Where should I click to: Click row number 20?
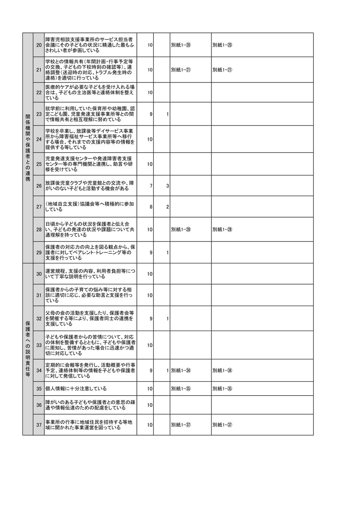pyautogui.click(x=39, y=45)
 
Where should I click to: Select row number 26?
pyautogui.click(x=39, y=186)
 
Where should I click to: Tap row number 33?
pyautogui.click(x=39, y=345)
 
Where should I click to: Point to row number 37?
pyautogui.click(x=39, y=425)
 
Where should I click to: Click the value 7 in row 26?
pyautogui.click(x=151, y=186)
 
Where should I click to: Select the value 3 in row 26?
pyautogui.click(x=168, y=186)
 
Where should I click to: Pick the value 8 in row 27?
pyautogui.click(x=151, y=207)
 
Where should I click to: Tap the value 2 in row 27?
pyautogui.click(x=168, y=207)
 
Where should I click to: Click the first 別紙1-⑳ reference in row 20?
pyautogui.click(x=181, y=45)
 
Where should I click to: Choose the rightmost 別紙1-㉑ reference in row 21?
pyautogui.click(x=223, y=70)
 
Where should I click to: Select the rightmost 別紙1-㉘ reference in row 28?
pyautogui.click(x=223, y=229)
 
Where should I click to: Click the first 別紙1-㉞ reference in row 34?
pyautogui.click(x=181, y=371)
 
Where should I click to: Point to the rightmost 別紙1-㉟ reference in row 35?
pyautogui.click(x=223, y=388)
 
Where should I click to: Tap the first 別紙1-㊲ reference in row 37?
pyautogui.click(x=181, y=425)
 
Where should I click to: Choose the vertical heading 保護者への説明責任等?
pyautogui.click(x=28, y=349)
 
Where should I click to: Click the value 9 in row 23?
pyautogui.click(x=151, y=114)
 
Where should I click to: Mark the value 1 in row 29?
pyautogui.click(x=168, y=253)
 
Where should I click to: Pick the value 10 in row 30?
pyautogui.click(x=150, y=274)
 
